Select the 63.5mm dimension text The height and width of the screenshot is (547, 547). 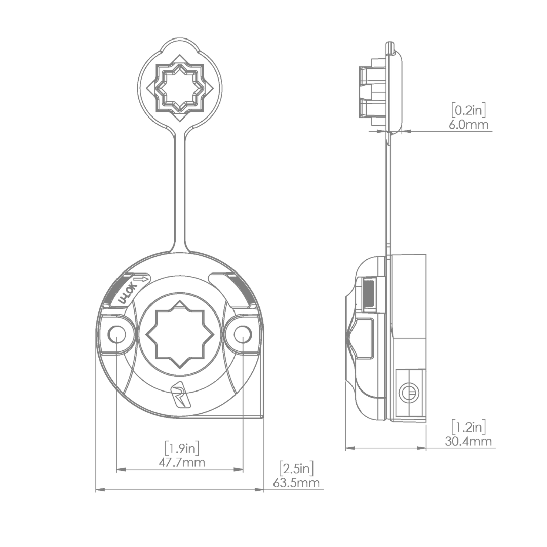coord(296,482)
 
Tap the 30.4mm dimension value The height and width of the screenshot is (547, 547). coord(468,441)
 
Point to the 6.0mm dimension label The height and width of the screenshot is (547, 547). coord(469,124)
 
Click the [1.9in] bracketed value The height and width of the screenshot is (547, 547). coord(182,448)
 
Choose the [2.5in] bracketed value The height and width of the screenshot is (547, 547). coord(296,467)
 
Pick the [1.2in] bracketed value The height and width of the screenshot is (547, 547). coord(468,426)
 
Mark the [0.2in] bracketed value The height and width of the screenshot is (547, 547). coord(469,109)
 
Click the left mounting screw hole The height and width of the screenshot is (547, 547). coord(117,334)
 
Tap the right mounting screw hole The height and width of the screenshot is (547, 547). coord(243,334)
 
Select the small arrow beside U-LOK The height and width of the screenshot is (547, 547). coord(141,279)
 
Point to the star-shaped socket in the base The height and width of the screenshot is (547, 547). coord(180,334)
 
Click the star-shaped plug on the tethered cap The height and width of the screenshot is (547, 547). coord(179,90)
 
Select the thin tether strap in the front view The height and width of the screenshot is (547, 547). coord(179,192)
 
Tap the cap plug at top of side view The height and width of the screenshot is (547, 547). coord(372,91)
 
